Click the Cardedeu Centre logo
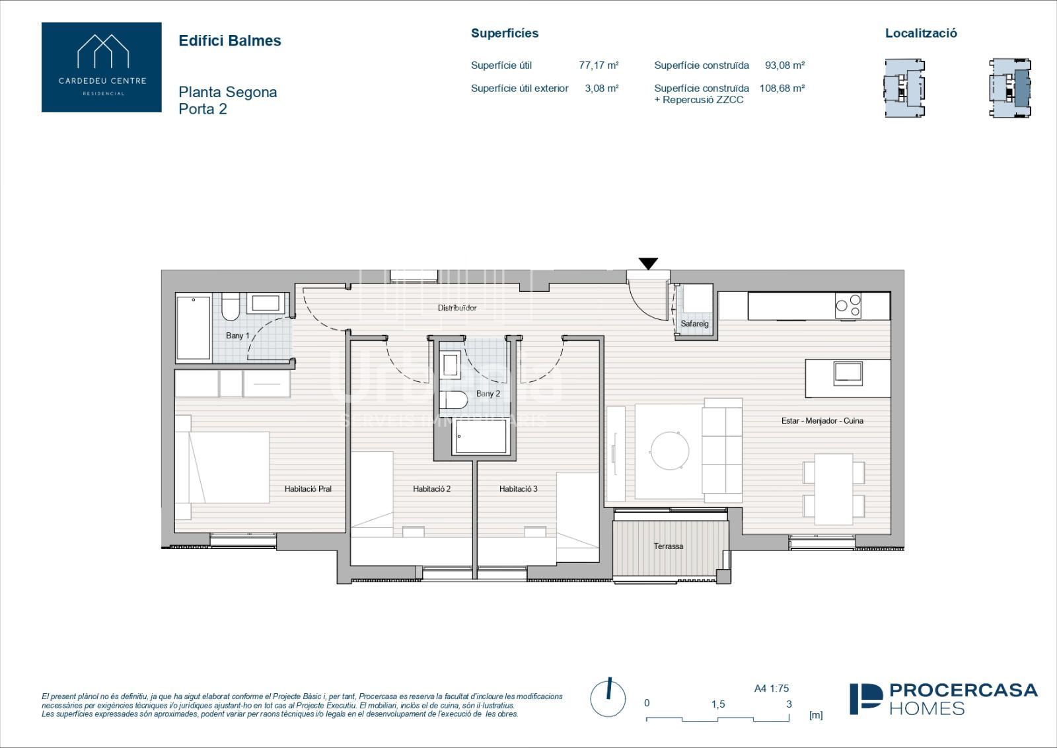click(102, 67)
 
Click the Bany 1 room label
click(237, 336)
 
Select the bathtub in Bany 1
click(194, 328)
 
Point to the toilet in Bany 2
click(453, 400)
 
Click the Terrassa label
click(668, 546)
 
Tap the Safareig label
click(694, 324)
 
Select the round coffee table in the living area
click(670, 450)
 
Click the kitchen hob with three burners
click(848, 305)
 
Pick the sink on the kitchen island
click(848, 373)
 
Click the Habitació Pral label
click(308, 489)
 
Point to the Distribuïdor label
click(456, 308)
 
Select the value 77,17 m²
click(599, 65)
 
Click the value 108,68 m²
click(782, 88)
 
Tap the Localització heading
click(921, 33)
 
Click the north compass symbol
click(608, 698)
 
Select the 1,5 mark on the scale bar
click(718, 704)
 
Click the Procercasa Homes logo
click(944, 699)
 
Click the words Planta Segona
click(227, 92)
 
